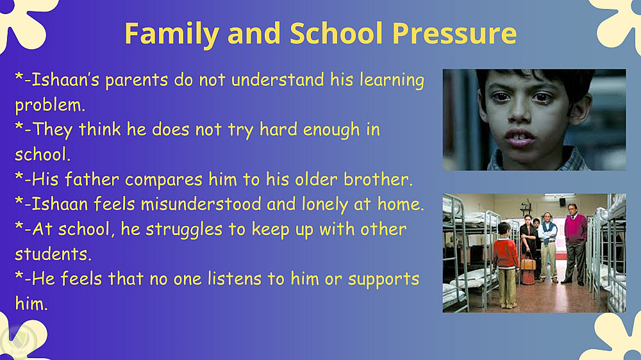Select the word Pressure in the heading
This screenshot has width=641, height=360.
click(454, 33)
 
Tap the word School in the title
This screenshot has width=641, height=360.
click(336, 33)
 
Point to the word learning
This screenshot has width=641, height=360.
click(392, 80)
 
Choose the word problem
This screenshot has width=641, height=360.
click(50, 106)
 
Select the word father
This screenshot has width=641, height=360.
click(92, 179)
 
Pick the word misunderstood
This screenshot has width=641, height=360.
click(201, 204)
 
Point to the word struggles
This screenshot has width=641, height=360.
click(184, 230)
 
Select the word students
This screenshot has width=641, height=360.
click(53, 254)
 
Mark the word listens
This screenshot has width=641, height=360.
click(234, 279)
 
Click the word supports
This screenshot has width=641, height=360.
click(383, 279)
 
